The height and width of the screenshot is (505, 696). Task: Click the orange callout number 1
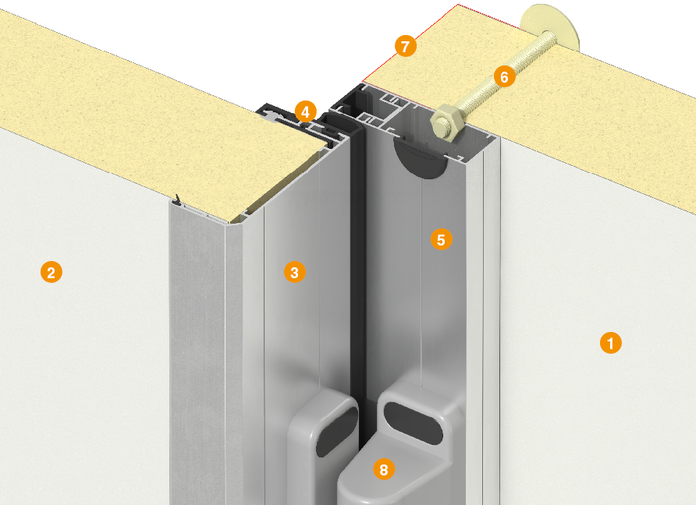(x=610, y=343)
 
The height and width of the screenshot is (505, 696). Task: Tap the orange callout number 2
(x=51, y=272)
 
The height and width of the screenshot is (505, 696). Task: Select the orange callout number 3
(x=295, y=272)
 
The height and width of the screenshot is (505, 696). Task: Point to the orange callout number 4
(x=305, y=111)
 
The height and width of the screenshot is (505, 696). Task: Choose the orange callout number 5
(x=441, y=239)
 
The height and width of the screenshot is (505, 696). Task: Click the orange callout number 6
(x=505, y=76)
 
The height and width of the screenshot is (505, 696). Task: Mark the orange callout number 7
(x=405, y=46)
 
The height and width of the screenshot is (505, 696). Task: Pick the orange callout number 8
(x=384, y=469)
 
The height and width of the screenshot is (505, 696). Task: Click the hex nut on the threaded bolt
(x=447, y=124)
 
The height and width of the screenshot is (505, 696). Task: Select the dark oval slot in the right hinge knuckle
(x=414, y=422)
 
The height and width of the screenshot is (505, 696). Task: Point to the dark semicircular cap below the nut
(x=420, y=157)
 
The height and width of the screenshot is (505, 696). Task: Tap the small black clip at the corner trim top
(x=178, y=200)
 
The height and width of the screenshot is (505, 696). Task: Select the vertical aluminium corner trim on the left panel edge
(x=198, y=355)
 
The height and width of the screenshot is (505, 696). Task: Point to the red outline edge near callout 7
(x=410, y=44)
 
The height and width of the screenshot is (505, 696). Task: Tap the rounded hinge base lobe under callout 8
(x=386, y=475)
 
